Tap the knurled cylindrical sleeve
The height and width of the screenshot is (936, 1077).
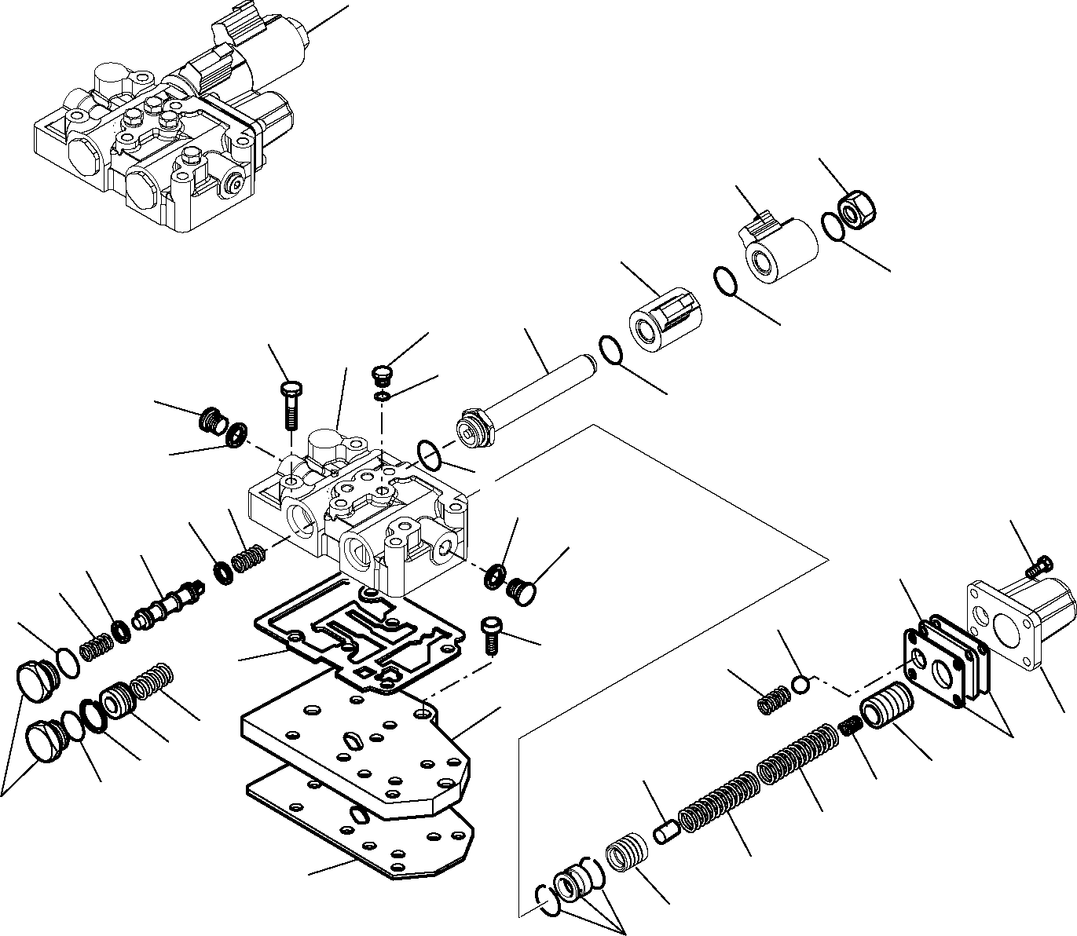pyautogui.click(x=667, y=324)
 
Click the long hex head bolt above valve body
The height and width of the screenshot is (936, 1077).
pyautogui.click(x=290, y=404)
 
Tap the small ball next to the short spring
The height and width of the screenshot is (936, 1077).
pyautogui.click(x=800, y=684)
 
